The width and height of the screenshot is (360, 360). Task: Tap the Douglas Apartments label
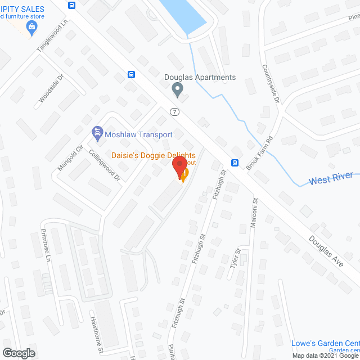pyautogui.click(x=200, y=78)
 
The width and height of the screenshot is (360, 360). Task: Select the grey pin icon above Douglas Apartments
pyautogui.click(x=178, y=89)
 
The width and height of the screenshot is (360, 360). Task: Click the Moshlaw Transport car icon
pyautogui.click(x=97, y=133)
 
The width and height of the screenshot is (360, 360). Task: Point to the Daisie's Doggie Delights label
pyautogui.click(x=153, y=155)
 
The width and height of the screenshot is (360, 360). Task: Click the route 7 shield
pyautogui.click(x=175, y=111)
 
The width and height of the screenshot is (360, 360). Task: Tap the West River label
pyautogui.click(x=331, y=179)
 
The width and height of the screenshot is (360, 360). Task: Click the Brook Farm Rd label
pyautogui.click(x=262, y=149)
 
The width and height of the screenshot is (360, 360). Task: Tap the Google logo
pyautogui.click(x=19, y=353)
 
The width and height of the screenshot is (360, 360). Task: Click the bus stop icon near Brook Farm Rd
pyautogui.click(x=234, y=164)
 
